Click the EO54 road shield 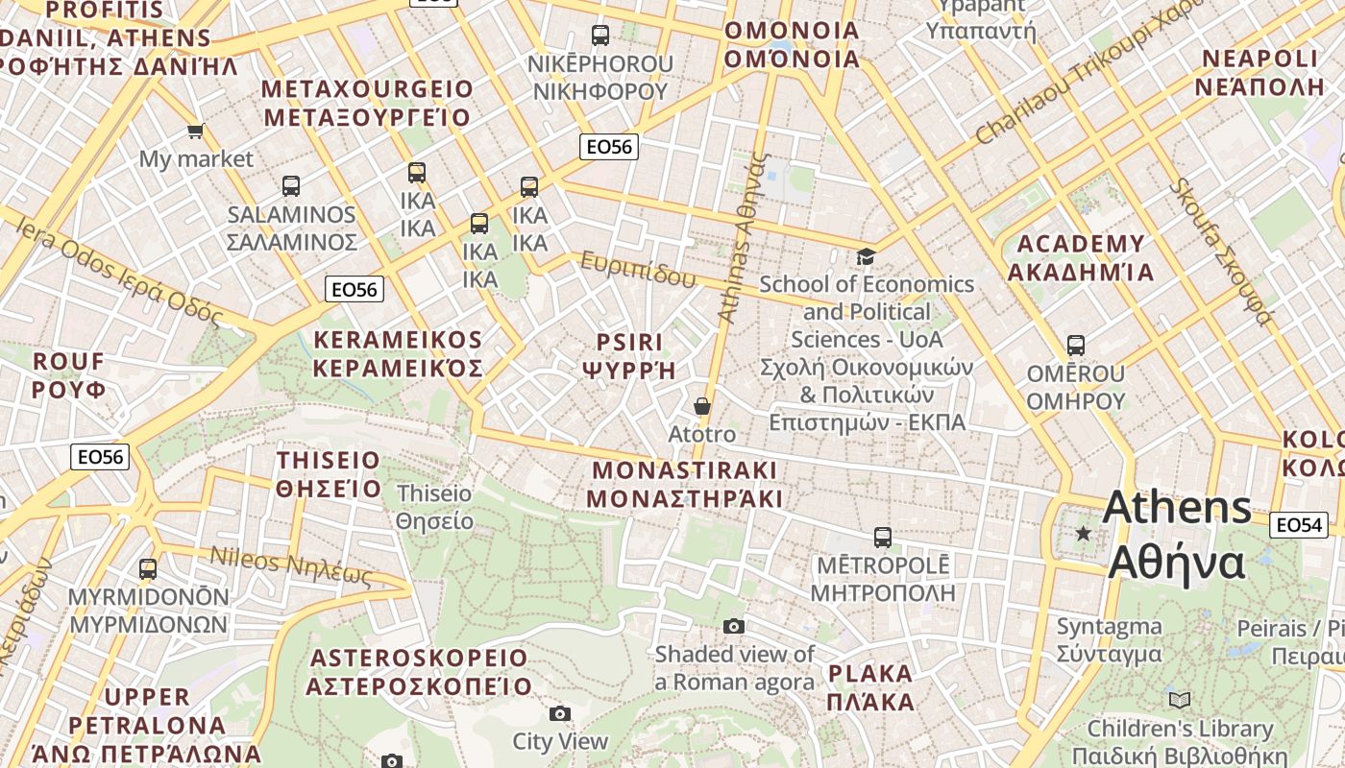point(1299,525)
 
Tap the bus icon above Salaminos point(291,186)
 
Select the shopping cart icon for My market point(196,131)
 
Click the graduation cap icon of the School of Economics point(867,256)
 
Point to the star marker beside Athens point(1084,533)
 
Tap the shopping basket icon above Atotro point(702,406)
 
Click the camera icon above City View point(560,713)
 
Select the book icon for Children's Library point(1180,700)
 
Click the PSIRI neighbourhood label point(629,356)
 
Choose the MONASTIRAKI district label point(684,485)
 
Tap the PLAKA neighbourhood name point(870,686)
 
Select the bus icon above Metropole point(882,538)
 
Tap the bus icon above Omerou point(1076,346)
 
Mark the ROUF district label point(68,375)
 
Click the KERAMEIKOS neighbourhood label point(398,354)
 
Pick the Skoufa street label point(1220,251)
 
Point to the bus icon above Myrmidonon point(148,569)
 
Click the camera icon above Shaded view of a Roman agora point(734,627)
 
